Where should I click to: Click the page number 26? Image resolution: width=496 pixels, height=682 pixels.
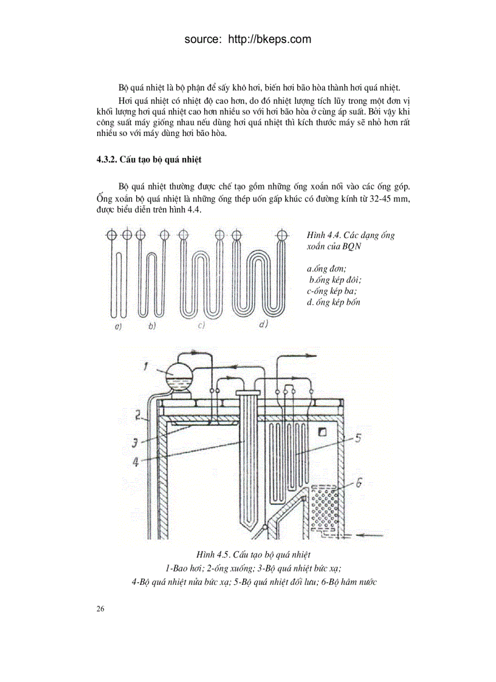tap(100, 609)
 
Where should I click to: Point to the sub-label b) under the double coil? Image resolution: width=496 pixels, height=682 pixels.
tap(151, 327)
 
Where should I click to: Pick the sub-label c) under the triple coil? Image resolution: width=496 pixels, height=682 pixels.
tap(201, 327)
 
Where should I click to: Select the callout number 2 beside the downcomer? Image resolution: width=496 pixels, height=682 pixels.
tap(139, 417)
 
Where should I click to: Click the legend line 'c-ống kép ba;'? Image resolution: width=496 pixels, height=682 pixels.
tap(331, 291)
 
